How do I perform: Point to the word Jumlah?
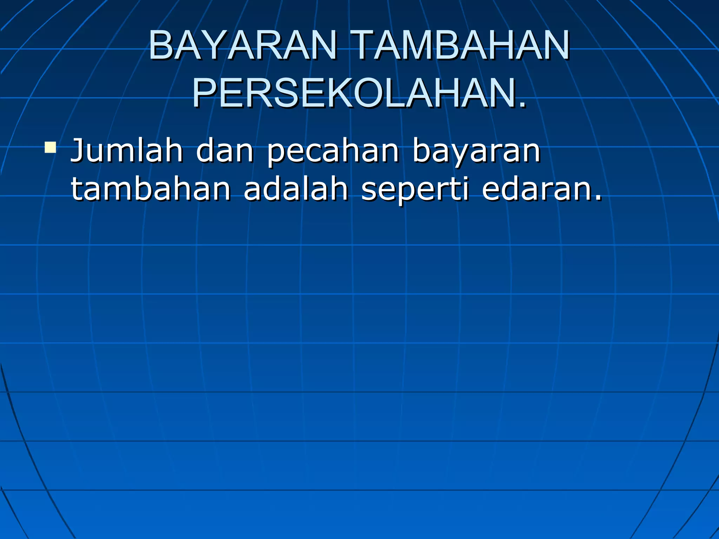(126, 151)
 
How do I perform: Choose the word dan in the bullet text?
(225, 151)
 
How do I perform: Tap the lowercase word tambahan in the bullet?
(151, 189)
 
